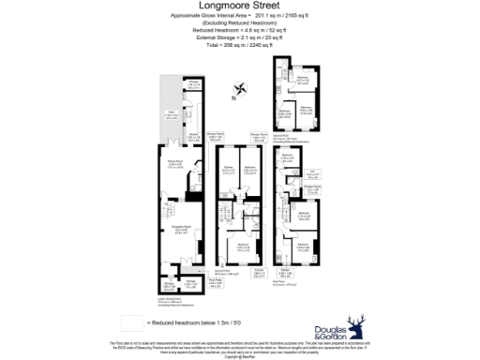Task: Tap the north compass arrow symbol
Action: (242, 90)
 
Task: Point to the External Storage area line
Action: (239, 37)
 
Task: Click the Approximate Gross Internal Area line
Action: (239, 17)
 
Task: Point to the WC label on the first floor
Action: (311, 172)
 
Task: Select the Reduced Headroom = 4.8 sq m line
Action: (239, 30)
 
